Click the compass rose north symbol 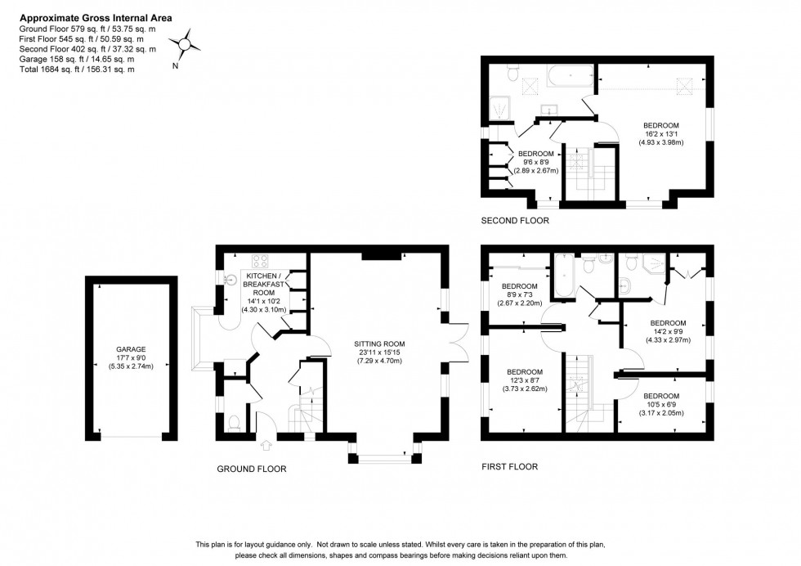click(x=186, y=45)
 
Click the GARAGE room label click(x=131, y=349)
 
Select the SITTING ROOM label click(x=376, y=344)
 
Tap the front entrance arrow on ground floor click(x=266, y=446)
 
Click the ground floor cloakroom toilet click(x=234, y=422)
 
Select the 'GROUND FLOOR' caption click(x=251, y=469)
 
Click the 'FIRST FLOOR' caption click(x=509, y=467)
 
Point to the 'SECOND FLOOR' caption click(x=514, y=221)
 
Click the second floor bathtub click(x=569, y=79)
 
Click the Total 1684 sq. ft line click(x=76, y=70)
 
